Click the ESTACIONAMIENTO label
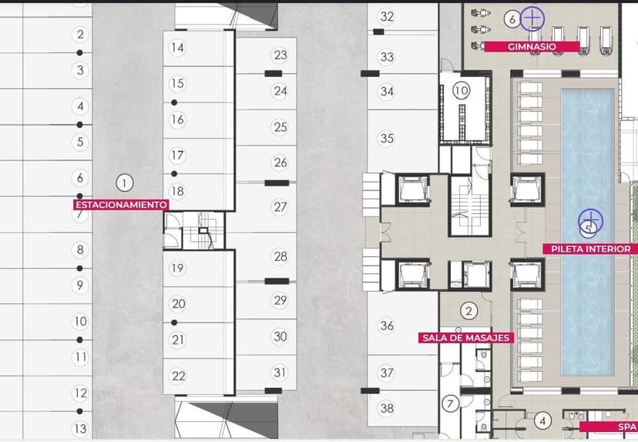pos(121,204)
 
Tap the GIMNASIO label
pos(532,46)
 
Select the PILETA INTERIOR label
pos(591,249)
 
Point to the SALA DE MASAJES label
pos(466,338)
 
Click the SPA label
pos(626,427)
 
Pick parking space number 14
pos(177,48)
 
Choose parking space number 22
pos(178,376)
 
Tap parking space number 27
pos(280,207)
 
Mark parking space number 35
pos(387,139)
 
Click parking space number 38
pos(387,408)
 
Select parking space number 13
pos(80,429)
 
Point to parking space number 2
pos(80,34)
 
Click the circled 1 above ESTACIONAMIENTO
pos(125,183)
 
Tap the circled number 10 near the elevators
pos(462,90)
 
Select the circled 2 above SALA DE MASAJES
pos(468,311)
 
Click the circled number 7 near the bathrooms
pos(450,403)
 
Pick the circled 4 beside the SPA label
pos(542,420)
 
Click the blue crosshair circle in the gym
pos(532,19)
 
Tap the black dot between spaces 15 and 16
pos(174,103)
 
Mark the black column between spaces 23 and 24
pos(273,73)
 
